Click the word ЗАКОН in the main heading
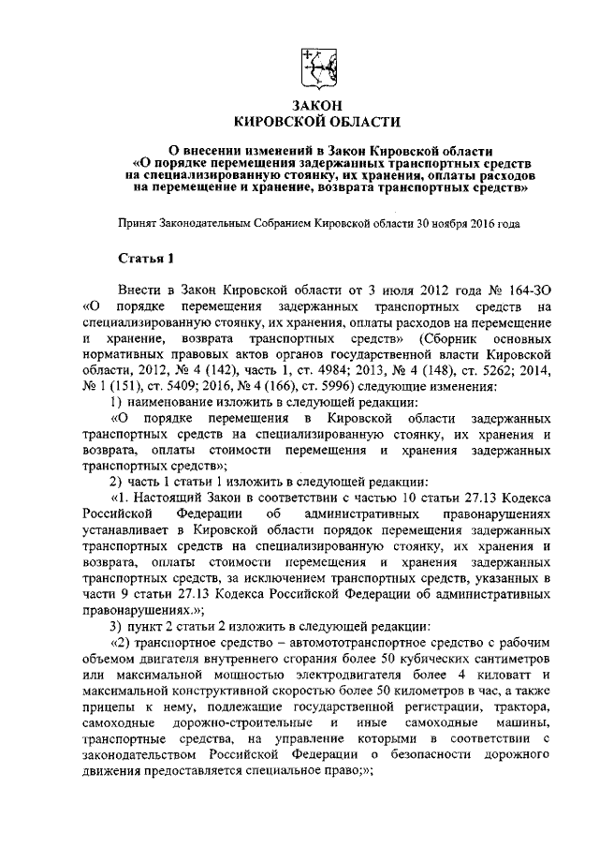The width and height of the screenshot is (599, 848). pyautogui.click(x=315, y=105)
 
